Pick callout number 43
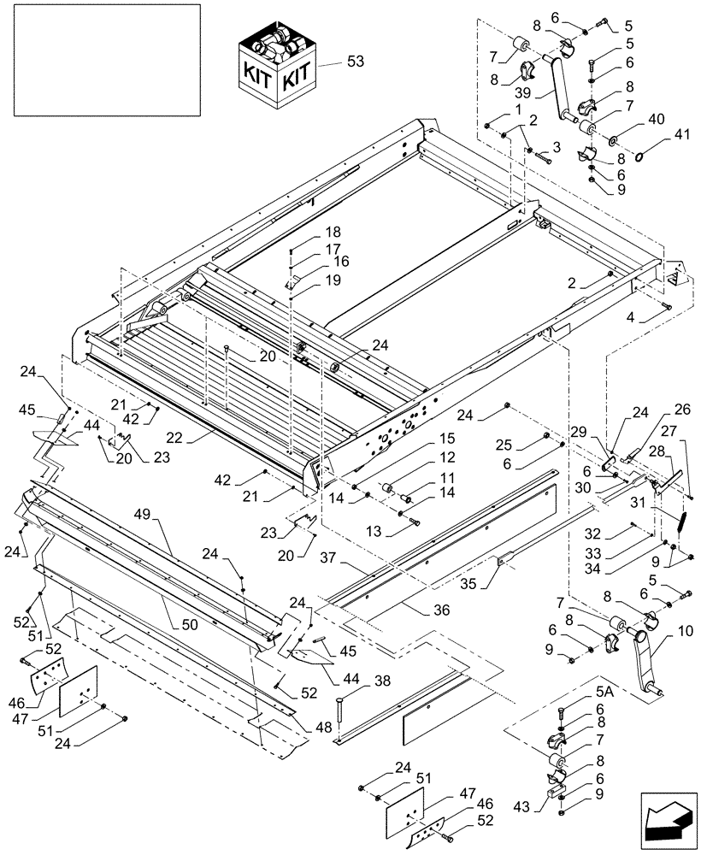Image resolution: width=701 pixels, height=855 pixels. coord(522,807)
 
